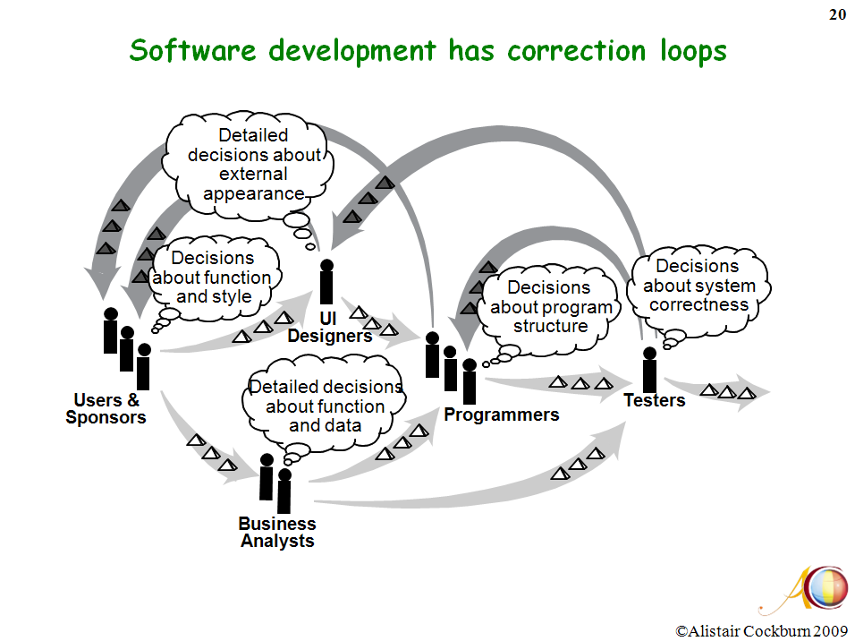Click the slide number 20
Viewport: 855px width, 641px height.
tap(837, 14)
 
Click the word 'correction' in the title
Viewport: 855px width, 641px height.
tap(576, 51)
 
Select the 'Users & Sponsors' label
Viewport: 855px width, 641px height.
tap(106, 408)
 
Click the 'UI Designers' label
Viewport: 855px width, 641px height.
tap(329, 327)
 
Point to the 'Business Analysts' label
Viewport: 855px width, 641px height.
tap(277, 532)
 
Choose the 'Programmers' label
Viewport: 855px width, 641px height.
tap(501, 415)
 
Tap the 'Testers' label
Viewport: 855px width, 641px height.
tap(655, 400)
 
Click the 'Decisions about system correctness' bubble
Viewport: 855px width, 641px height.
tap(698, 286)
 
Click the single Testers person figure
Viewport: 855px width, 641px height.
tap(649, 369)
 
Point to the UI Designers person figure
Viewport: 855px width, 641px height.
tap(326, 281)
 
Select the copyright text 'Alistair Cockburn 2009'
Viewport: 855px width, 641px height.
tap(761, 631)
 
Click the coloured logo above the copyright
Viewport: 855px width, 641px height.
tap(826, 588)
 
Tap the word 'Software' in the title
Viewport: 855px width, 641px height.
tap(192, 50)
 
